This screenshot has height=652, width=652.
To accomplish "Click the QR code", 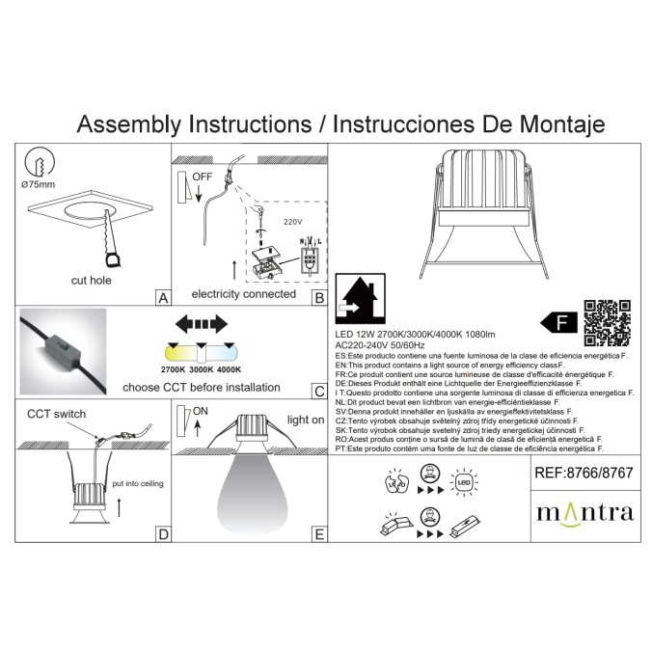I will click(610, 322).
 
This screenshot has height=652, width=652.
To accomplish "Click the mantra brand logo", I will click(584, 511).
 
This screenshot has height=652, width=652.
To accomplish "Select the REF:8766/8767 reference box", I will click(584, 474).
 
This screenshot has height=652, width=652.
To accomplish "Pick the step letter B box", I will click(319, 298).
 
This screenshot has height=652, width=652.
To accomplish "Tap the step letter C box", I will click(319, 391).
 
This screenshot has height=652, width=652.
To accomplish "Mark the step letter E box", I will click(319, 532).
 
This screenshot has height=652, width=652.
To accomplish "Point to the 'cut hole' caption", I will click(92, 280).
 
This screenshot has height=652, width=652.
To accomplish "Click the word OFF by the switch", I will click(202, 177).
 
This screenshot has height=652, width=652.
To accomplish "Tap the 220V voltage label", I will click(292, 221).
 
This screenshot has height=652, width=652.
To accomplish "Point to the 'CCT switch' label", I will click(56, 414).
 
